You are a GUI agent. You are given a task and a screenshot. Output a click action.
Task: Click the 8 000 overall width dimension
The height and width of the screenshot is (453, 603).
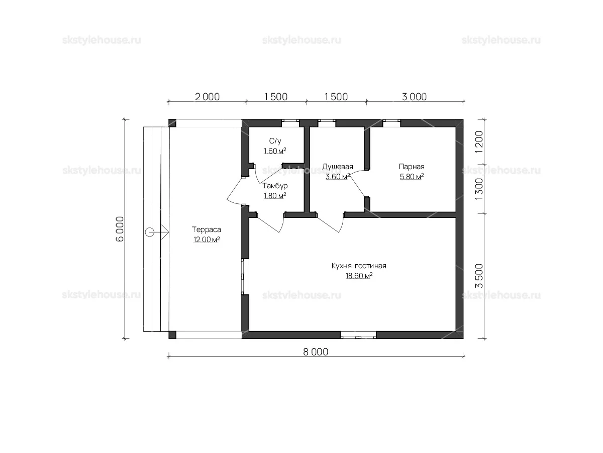316,352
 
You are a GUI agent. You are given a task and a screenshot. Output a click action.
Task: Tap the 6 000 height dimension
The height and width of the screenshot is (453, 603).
120,229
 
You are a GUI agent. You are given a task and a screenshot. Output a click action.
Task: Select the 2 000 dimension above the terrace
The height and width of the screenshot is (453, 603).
207,97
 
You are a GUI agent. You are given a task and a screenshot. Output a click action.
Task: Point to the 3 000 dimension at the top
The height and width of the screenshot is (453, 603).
414,97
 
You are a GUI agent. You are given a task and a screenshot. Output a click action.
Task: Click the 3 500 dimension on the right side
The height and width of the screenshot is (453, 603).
479,276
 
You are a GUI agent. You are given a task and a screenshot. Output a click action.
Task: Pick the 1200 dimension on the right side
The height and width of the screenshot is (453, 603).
479,142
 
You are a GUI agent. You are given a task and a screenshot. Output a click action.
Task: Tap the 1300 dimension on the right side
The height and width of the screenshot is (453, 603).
479,189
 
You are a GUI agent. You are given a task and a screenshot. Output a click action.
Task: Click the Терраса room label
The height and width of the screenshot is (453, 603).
207,230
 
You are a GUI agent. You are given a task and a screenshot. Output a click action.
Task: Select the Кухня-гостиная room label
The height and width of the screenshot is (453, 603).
359,266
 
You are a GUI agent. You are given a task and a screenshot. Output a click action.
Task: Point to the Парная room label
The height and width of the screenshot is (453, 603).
412,167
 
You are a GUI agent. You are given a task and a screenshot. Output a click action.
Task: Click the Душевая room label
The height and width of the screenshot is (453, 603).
338,167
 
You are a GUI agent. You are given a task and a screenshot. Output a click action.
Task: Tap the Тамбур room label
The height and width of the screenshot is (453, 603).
275,186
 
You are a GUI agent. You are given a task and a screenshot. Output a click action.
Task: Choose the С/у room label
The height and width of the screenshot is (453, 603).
275,141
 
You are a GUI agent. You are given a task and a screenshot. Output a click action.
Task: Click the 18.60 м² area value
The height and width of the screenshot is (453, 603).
359,276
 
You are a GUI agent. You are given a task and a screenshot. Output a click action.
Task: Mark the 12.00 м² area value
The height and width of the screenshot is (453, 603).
207,239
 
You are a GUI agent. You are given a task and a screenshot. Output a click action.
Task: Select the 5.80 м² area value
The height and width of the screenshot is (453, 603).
412,176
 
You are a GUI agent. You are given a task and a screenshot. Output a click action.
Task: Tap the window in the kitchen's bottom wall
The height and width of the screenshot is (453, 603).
358,335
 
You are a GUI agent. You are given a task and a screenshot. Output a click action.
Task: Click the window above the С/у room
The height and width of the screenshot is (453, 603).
290,123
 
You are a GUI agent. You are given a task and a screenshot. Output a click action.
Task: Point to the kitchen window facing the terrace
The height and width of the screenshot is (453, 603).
245,277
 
